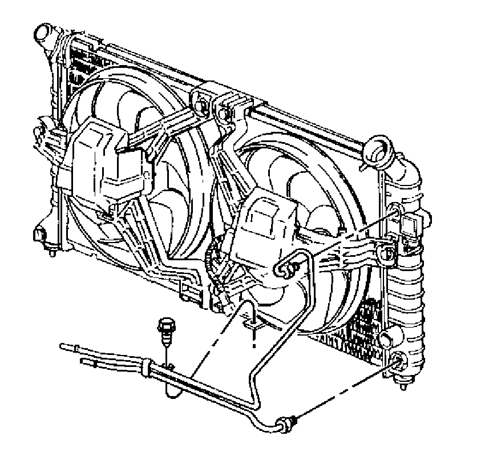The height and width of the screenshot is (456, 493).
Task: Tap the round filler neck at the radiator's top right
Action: pyautogui.click(x=379, y=149)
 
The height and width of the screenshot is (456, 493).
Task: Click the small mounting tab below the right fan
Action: pyautogui.click(x=253, y=324)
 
